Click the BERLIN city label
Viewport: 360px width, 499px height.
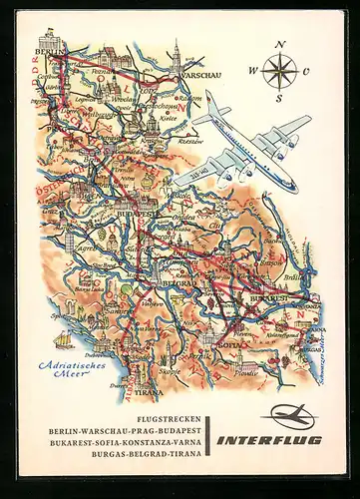pyautogui.click(x=48, y=49)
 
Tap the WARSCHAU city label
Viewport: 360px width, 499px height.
pyautogui.click(x=199, y=72)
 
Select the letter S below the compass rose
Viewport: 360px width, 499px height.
pyautogui.click(x=279, y=98)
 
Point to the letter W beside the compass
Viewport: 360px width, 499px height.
pyautogui.click(x=252, y=71)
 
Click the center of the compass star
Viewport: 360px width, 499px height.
pyautogui.click(x=280, y=71)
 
